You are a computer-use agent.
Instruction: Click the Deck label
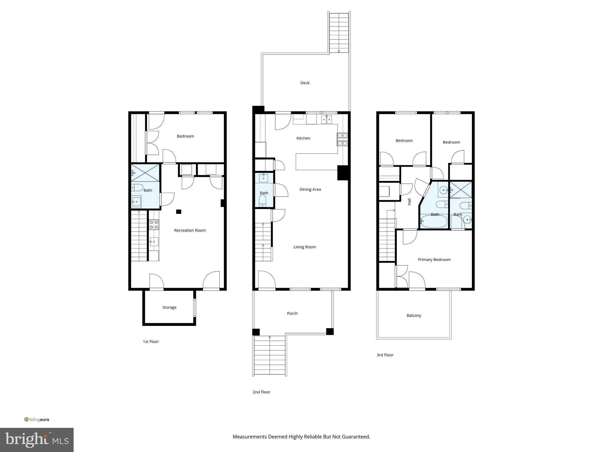(305, 83)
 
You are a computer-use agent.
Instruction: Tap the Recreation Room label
(190, 230)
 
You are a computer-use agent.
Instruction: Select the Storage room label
(169, 308)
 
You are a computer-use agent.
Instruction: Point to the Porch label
(292, 313)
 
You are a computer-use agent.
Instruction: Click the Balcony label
(414, 315)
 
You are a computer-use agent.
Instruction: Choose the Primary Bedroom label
(434, 260)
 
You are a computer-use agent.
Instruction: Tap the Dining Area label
(310, 190)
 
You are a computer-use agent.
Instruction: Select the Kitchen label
(303, 138)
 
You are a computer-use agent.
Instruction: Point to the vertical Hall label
(409, 202)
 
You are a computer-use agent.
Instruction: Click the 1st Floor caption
(151, 342)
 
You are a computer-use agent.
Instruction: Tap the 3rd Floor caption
(385, 355)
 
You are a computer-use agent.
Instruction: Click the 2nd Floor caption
(261, 392)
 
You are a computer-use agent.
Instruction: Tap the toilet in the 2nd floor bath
(263, 201)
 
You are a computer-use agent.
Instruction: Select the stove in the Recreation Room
(154, 225)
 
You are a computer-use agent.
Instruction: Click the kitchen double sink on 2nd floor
(327, 119)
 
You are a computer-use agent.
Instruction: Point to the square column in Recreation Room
(179, 212)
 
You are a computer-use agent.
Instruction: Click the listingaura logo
(37, 420)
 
